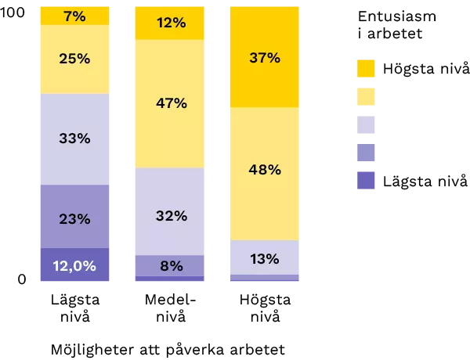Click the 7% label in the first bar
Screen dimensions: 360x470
tap(74, 16)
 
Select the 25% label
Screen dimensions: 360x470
tap(74, 59)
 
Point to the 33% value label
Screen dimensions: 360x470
tap(74, 139)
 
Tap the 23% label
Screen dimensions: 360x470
tap(74, 219)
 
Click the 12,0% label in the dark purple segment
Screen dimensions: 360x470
tap(74, 266)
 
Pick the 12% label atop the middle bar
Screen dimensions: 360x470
tap(171, 23)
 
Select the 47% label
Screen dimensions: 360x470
tap(171, 103)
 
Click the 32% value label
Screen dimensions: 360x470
tap(171, 216)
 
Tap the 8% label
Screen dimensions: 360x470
tap(171, 266)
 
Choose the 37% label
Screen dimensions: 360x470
tap(265, 58)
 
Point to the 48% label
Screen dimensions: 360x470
tap(265, 170)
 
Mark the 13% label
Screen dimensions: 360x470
tap(265, 258)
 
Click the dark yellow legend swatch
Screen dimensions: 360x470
tap(367, 70)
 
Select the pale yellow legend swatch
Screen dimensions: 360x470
tap(367, 97)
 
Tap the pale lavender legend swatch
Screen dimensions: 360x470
tap(367, 125)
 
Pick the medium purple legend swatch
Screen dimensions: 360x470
tap(367, 153)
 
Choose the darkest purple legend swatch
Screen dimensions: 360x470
tap(367, 180)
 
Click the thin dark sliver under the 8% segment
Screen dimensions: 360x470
tap(171, 279)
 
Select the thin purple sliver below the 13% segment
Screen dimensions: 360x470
tap(265, 278)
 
